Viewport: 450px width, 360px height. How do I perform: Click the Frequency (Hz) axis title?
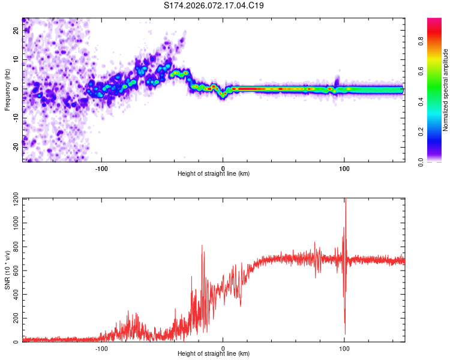point(8,89)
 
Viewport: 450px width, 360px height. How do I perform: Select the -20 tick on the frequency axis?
point(16,148)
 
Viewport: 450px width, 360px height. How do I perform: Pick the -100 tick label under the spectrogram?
point(101,168)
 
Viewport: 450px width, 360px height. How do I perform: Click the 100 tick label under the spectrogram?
point(344,168)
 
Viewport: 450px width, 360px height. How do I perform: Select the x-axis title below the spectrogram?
point(214,174)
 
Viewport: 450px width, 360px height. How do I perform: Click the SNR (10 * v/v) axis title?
point(8,270)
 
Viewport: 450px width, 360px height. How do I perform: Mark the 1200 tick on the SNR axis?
point(12,199)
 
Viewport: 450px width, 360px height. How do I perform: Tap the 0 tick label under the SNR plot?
point(223,348)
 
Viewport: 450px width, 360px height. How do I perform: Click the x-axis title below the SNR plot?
point(214,354)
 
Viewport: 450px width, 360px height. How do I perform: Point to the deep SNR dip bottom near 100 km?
point(345,334)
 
